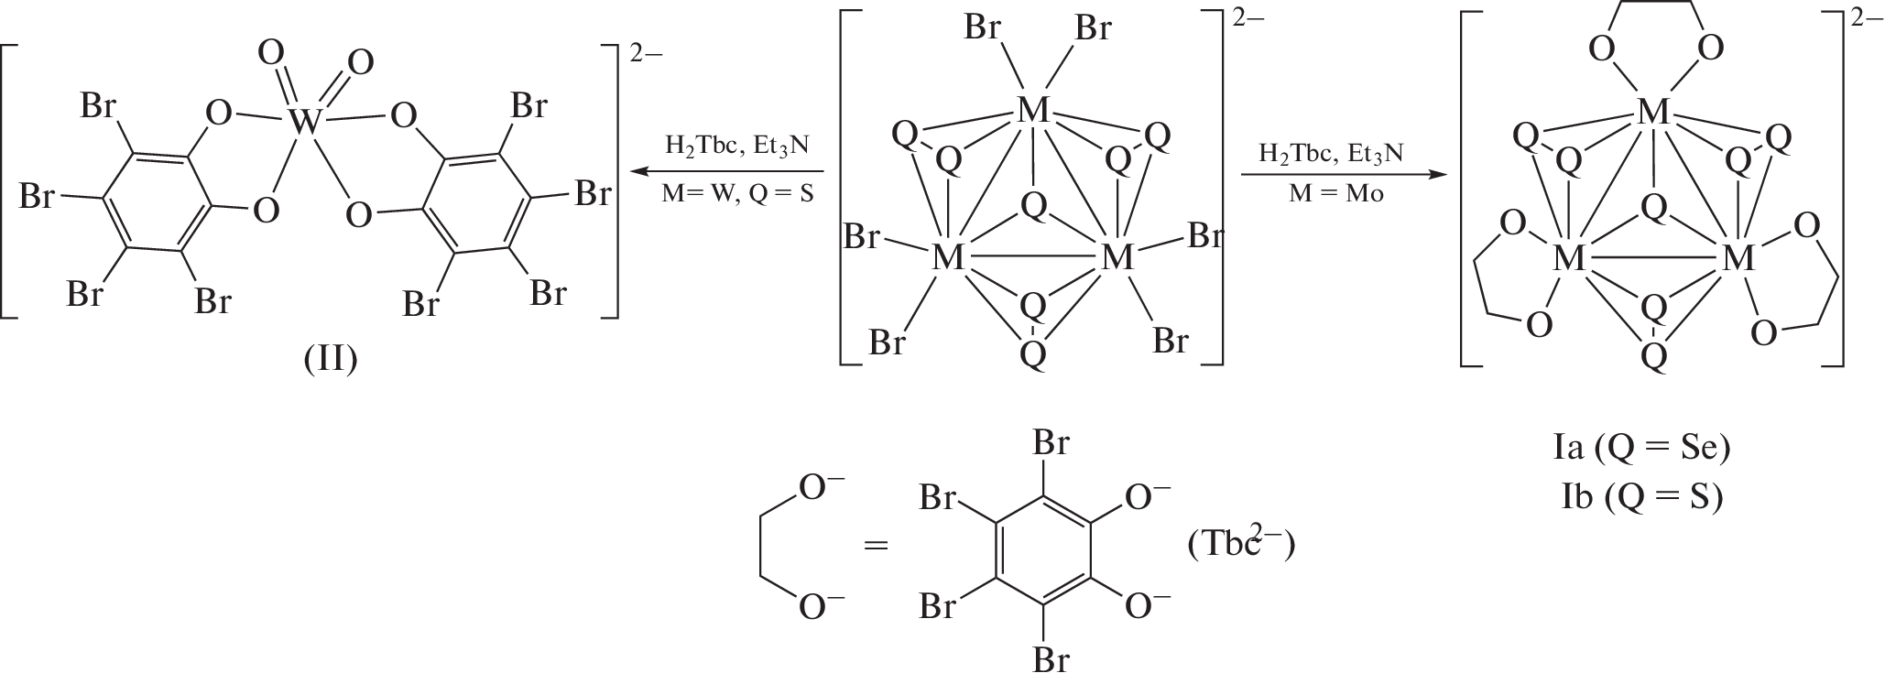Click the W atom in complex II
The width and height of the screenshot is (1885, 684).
pos(305,120)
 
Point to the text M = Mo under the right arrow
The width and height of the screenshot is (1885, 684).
pos(1331,194)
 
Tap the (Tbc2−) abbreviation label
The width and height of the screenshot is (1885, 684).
pos(1241,544)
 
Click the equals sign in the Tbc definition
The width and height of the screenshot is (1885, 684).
pos(877,546)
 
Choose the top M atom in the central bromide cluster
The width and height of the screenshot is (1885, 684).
pos(1033,112)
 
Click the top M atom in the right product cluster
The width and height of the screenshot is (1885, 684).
pos(1653,113)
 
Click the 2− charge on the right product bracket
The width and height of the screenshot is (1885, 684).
pos(1868,20)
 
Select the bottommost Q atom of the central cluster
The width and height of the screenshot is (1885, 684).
pos(1033,353)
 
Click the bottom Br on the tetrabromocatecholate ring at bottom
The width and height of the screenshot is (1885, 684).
pos(1051,660)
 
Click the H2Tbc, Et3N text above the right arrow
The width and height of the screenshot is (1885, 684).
pos(1331,153)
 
